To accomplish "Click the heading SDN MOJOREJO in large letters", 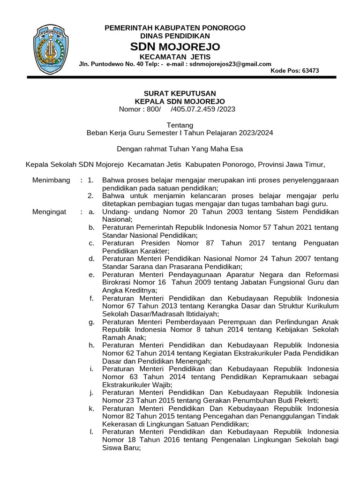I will (175, 47).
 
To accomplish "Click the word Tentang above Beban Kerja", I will (180, 125).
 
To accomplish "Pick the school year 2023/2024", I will (256, 133).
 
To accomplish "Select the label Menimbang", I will (51, 180).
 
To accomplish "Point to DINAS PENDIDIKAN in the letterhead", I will (175, 36).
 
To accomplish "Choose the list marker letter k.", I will (91, 409).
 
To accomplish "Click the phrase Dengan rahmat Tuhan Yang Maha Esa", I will (180, 149).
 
